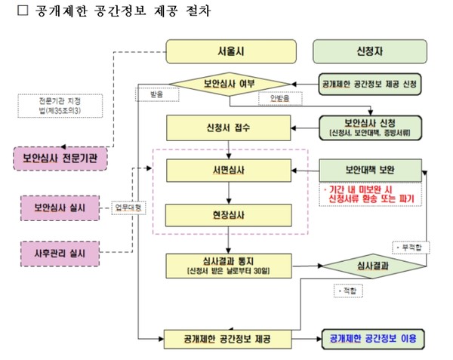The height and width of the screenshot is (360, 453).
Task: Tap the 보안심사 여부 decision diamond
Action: coord(229,83)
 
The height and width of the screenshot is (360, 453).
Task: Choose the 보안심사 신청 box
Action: coord(368,125)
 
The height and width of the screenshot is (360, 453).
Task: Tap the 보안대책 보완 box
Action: coord(368,170)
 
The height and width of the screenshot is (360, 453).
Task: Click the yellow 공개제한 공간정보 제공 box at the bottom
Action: coord(227,337)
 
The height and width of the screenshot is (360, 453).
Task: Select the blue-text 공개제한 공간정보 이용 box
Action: coord(373,337)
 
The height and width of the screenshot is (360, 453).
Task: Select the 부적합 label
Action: coord(409,247)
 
